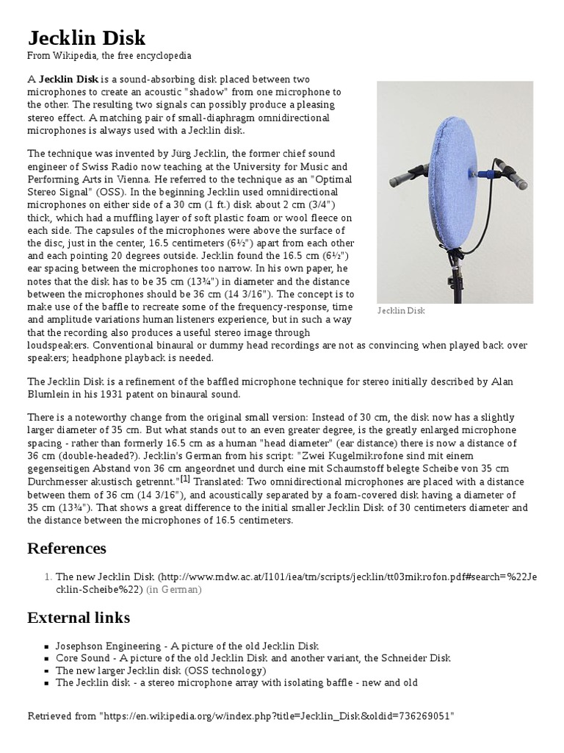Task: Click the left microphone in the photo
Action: [x=396, y=176]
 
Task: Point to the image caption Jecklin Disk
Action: [x=401, y=311]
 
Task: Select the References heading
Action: [x=67, y=549]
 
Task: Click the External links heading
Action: [x=79, y=617]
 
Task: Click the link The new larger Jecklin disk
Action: [x=119, y=670]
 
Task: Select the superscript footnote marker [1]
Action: [x=186, y=479]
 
